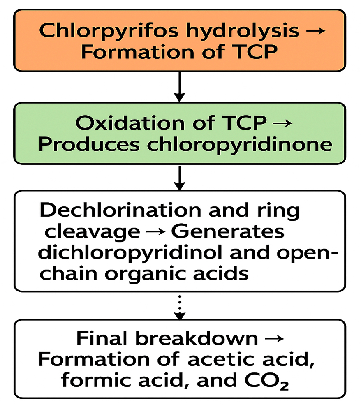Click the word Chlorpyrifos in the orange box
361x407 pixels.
pos(109,31)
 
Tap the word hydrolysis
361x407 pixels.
pos(243,31)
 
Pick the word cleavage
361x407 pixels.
pos(93,232)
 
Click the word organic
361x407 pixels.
pos(146,274)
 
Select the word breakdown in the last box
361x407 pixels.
pos(197,338)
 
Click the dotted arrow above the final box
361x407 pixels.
pos(180,308)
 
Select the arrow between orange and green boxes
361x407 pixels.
pos(179,87)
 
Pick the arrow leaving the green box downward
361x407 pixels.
pos(180,178)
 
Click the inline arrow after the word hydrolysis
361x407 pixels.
pos(316,31)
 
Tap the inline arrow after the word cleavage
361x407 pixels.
pos(156,232)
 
